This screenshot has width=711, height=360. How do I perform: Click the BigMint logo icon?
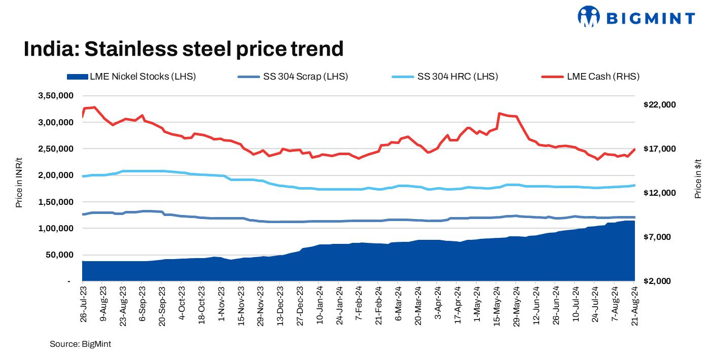(588, 16)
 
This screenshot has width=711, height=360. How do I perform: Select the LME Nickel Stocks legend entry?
(131, 77)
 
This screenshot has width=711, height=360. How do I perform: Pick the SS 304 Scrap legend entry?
(292, 77)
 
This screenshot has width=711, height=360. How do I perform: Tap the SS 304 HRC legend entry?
(445, 77)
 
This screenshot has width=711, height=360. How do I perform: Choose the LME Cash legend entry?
(591, 77)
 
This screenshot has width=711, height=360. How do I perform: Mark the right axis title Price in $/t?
(698, 177)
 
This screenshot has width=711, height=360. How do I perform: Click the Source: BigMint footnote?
(80, 344)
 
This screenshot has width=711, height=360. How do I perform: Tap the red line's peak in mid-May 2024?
(500, 114)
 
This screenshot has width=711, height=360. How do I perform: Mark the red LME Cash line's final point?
(634, 149)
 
